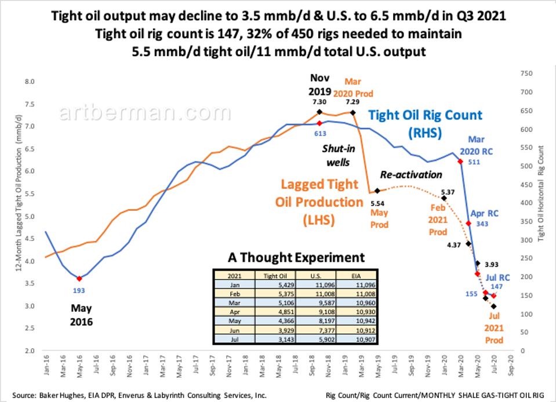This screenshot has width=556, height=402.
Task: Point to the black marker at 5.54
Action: (x=377, y=191)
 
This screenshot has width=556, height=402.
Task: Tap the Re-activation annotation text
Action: (x=411, y=174)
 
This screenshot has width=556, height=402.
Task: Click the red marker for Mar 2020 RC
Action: (x=460, y=161)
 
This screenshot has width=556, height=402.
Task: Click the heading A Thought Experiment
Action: (x=296, y=257)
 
